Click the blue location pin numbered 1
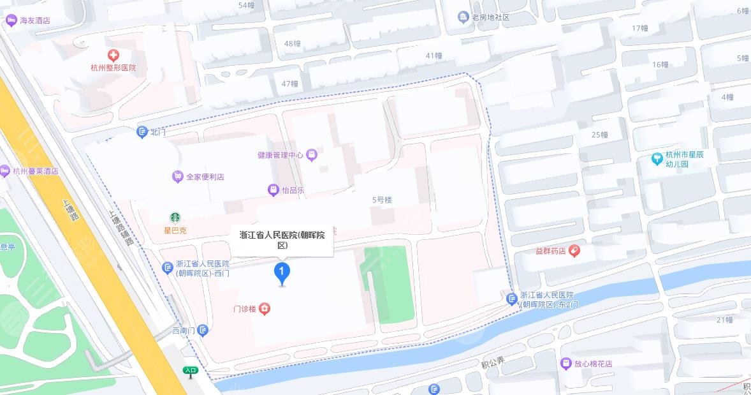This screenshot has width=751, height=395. [282, 272]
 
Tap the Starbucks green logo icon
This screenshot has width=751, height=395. [174, 218]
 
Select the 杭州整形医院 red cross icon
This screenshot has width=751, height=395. [113, 56]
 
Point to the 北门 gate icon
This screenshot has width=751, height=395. [142, 132]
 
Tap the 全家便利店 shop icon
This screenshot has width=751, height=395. [177, 177]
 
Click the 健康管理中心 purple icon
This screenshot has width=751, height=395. [311, 154]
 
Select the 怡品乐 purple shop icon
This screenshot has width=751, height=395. [273, 190]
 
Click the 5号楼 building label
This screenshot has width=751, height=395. [382, 200]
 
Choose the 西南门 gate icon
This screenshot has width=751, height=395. [203, 330]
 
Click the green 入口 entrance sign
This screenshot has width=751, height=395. [190, 370]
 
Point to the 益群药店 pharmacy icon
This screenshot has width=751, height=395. [574, 251]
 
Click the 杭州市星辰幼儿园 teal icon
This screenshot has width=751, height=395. [657, 158]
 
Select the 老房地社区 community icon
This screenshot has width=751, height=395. [464, 17]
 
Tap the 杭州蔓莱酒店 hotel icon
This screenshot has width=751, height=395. [5, 171]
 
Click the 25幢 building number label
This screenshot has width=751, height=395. [599, 135]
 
